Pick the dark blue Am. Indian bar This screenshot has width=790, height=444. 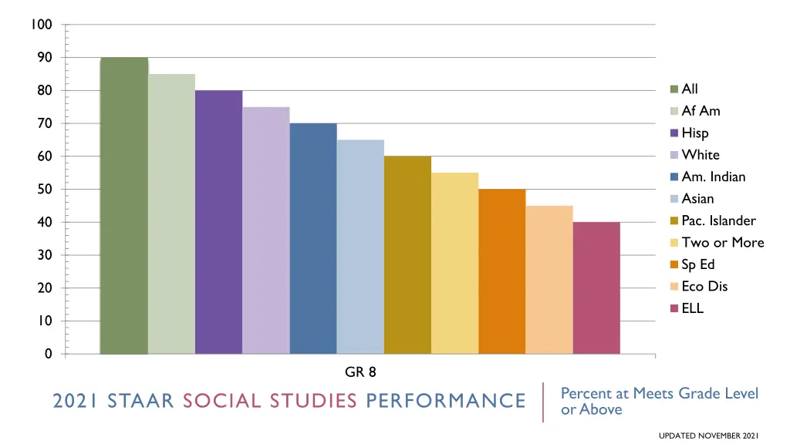pos(313,238)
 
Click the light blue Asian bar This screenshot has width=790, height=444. pos(360,247)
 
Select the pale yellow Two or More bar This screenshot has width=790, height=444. pos(454,263)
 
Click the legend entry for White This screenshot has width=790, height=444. pos(700,155)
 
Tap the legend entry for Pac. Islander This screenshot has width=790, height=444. pos(718,220)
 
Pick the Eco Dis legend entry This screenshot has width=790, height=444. pos(704,287)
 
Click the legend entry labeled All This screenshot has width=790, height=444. pos(690,89)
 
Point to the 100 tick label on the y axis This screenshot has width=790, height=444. pos(42,25)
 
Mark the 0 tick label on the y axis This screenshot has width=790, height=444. pos(48,354)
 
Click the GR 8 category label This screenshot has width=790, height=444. pos(360,372)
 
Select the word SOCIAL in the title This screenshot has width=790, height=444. pos(228,401)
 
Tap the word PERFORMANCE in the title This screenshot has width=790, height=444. pos(446,401)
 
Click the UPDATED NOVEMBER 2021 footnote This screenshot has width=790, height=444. pos(709,436)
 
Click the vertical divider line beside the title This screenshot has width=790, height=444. pos(543,402)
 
